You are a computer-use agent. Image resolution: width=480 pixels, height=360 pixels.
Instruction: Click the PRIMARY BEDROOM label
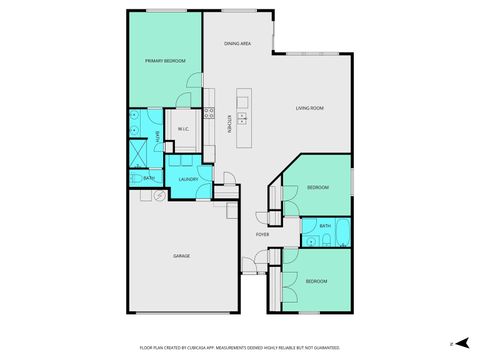pos(165,61)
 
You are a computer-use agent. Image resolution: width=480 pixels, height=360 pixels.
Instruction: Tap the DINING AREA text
pos(237,44)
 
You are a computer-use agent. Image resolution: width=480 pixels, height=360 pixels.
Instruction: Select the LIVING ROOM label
pos(310,108)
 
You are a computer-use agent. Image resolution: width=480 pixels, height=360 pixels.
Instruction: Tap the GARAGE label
pos(182,255)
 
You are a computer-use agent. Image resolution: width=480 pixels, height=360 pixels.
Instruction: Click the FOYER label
pos(262,235)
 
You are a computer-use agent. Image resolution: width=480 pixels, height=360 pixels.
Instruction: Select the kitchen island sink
pos(242,102)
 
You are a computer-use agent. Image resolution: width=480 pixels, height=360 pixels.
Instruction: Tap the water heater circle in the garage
pos(156,196)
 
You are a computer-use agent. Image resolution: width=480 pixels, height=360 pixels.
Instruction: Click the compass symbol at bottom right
pos(453,344)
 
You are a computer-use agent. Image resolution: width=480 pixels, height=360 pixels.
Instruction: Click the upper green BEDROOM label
pos(318,187)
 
